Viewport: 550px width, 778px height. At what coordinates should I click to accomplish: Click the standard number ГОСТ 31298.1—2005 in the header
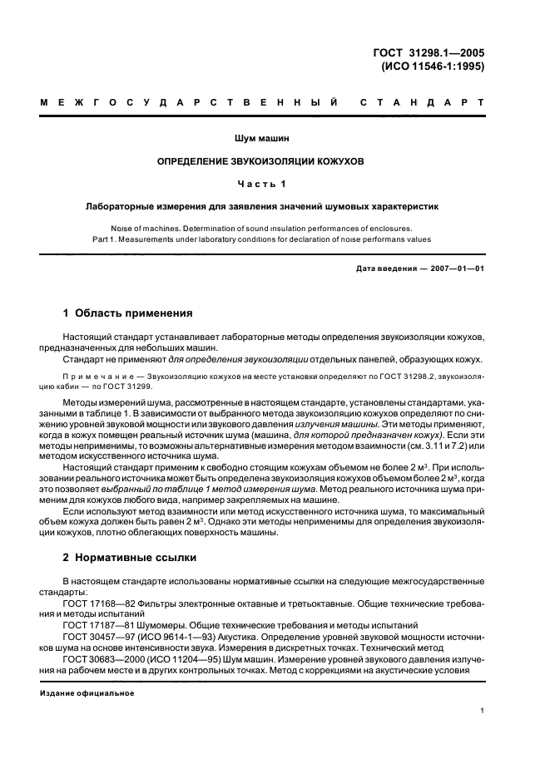tap(429, 53)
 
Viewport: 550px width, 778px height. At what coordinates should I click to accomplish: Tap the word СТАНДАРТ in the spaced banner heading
tap(422, 103)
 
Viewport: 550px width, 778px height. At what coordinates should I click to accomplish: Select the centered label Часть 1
tap(275, 183)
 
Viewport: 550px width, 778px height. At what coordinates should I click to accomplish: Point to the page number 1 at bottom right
tap(483, 711)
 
